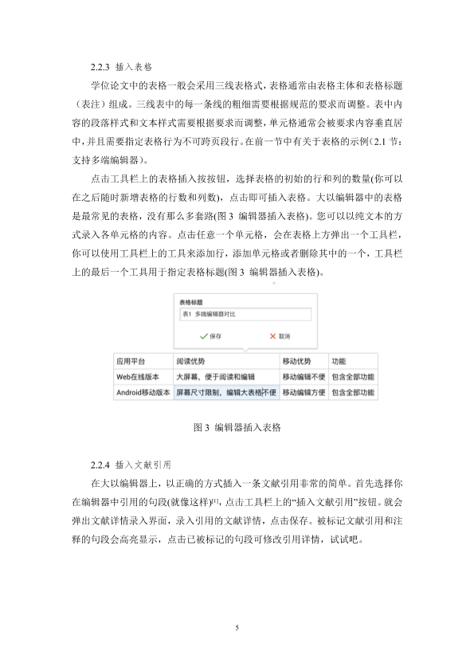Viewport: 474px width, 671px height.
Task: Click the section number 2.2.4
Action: [102, 463]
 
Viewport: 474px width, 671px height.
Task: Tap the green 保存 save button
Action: [211, 336]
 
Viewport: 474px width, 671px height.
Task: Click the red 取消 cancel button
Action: [278, 336]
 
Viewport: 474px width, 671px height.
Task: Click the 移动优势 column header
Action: [299, 360]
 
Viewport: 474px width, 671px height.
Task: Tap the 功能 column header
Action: [339, 360]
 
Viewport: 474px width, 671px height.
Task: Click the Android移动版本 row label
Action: [143, 392]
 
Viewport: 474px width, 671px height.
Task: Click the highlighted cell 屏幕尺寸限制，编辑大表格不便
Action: [225, 392]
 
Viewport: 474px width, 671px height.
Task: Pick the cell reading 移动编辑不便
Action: [304, 376]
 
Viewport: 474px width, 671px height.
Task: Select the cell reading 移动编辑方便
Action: [304, 392]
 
